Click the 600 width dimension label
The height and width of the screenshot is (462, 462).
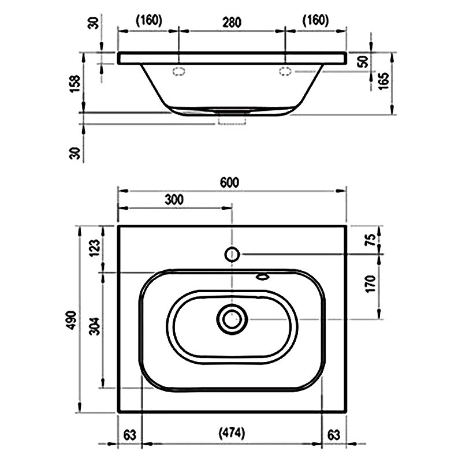click(x=229, y=182)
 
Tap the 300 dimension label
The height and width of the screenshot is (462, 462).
click(x=174, y=200)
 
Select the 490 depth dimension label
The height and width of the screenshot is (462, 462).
click(x=72, y=320)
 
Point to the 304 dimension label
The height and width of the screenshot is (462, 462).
click(x=95, y=326)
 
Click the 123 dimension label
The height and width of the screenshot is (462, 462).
click(x=95, y=248)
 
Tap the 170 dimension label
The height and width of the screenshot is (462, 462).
click(x=371, y=284)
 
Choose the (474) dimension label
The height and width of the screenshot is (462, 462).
click(x=232, y=433)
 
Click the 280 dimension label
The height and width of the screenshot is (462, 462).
click(x=232, y=23)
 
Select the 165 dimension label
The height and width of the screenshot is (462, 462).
click(x=384, y=81)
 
